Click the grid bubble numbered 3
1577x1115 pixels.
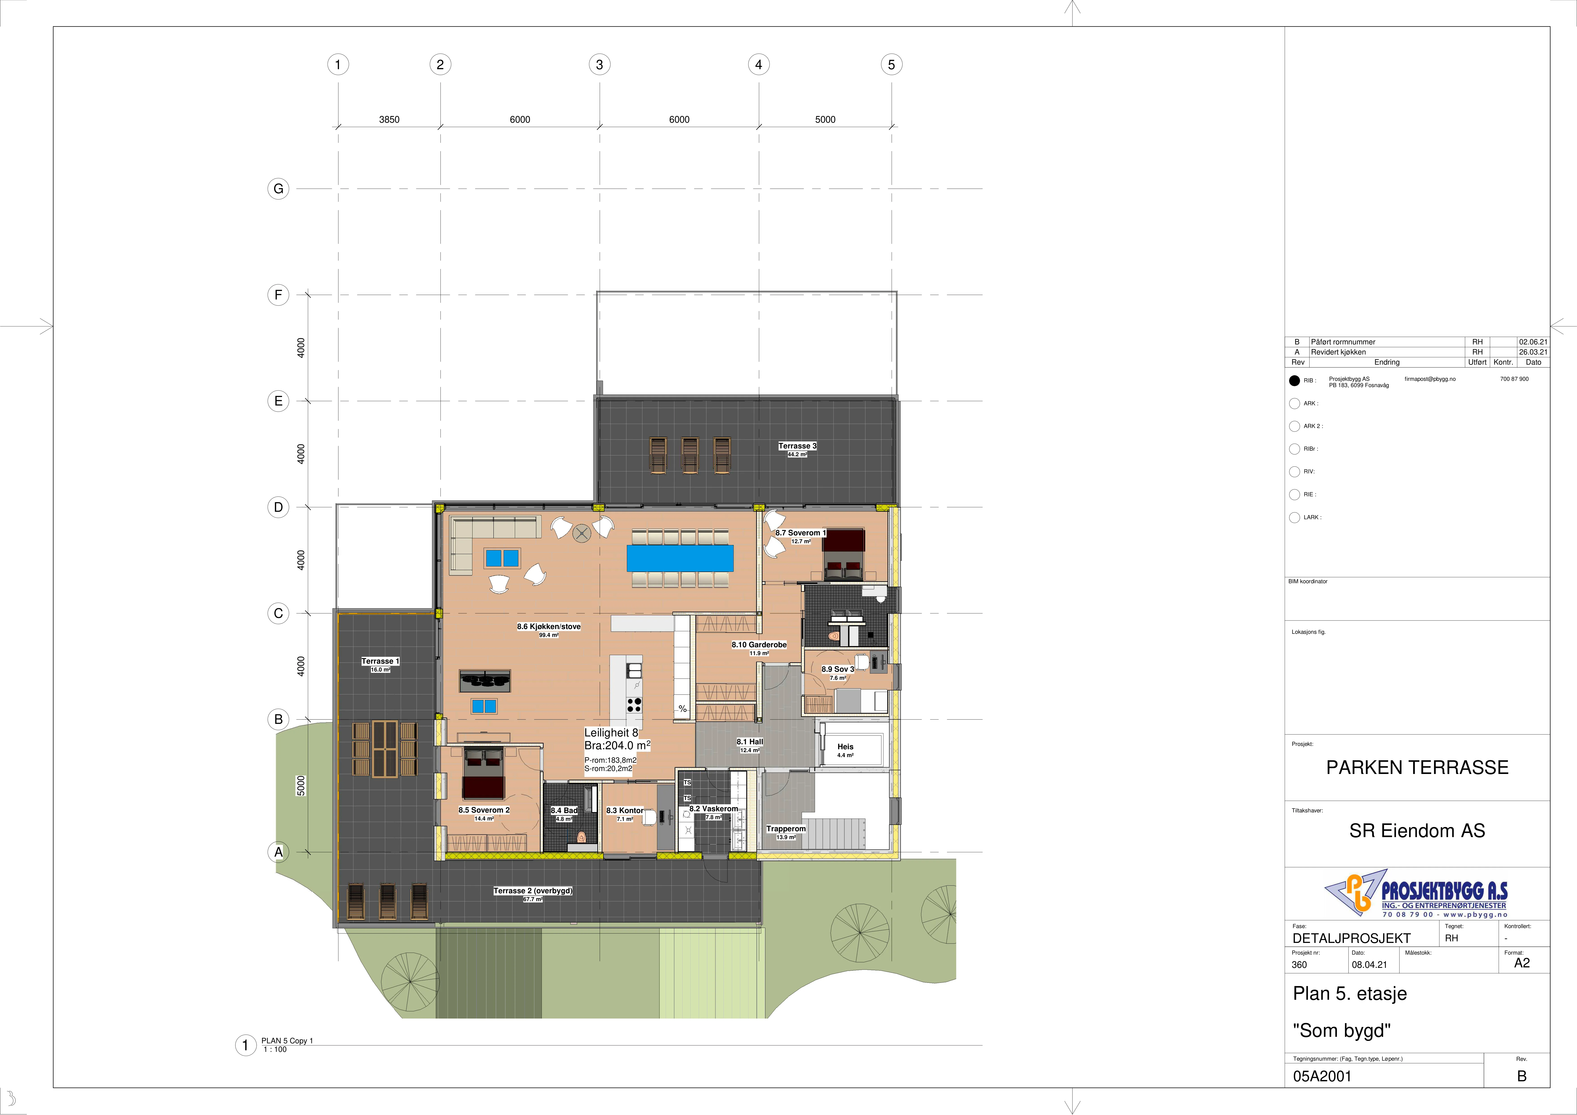(x=600, y=64)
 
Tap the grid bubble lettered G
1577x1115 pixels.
(x=278, y=189)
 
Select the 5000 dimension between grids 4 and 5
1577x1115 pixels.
(x=825, y=120)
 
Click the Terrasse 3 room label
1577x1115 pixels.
(x=797, y=446)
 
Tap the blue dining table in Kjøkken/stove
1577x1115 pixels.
(x=680, y=558)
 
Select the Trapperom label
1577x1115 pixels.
(x=786, y=829)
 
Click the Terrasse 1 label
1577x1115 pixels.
(x=380, y=661)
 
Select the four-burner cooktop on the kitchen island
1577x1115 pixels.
(x=634, y=705)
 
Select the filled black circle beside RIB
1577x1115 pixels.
(x=1295, y=381)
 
